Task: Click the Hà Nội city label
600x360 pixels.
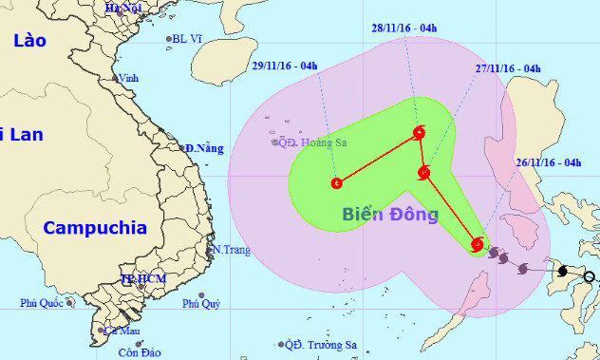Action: tap(123, 7)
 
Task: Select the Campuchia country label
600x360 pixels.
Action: tap(96, 228)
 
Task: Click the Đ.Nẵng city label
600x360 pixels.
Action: tap(204, 148)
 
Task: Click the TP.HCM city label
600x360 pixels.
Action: tap(139, 280)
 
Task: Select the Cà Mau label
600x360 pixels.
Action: tap(122, 332)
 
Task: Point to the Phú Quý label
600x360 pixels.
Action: tap(201, 304)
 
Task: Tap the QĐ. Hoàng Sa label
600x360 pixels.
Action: tap(308, 142)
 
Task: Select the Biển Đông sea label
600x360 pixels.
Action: tap(390, 215)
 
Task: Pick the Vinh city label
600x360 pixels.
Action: tap(128, 78)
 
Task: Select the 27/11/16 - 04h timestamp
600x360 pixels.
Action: tap(508, 68)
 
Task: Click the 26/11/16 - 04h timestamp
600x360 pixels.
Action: tap(548, 162)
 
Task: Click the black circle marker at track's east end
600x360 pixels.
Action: tap(590, 277)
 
